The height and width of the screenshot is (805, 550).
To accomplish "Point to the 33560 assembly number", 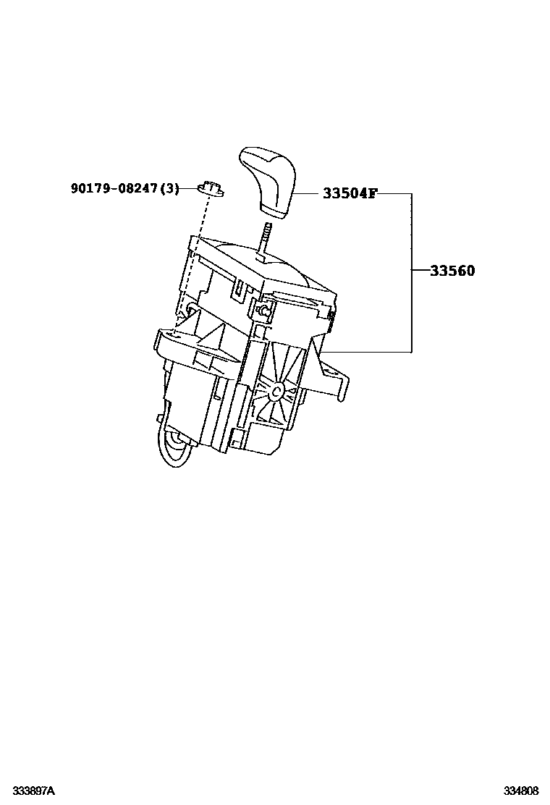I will point(452,271).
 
